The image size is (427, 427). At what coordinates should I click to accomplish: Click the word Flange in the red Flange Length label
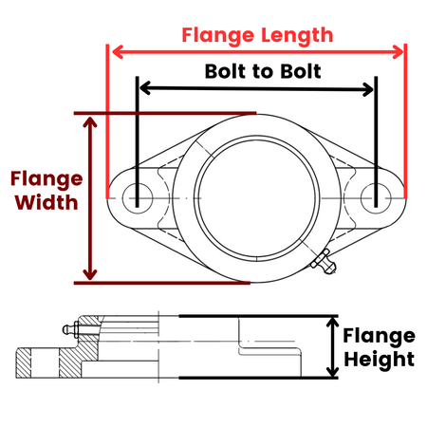[x=218, y=36]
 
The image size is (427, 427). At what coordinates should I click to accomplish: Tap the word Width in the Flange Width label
[x=46, y=202]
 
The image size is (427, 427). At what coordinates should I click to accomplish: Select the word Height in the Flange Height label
[x=380, y=360]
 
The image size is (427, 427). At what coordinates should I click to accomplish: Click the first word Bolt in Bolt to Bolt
[x=225, y=71]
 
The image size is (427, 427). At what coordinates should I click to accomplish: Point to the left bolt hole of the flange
[x=138, y=198]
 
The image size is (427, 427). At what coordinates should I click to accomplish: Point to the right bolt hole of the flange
[x=376, y=198]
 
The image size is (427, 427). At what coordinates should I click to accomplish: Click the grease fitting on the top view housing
[x=324, y=262]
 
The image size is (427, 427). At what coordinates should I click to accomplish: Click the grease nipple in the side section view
[x=70, y=329]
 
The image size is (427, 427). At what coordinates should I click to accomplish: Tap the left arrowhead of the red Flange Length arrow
[x=118, y=52]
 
